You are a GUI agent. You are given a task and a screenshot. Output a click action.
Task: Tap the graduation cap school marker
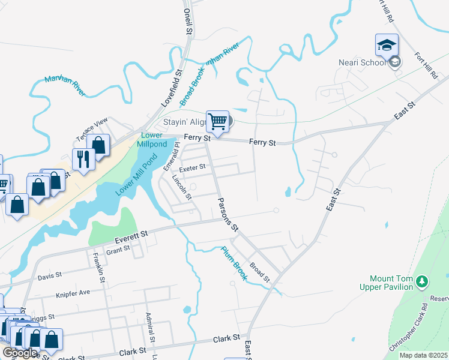pos(387,46)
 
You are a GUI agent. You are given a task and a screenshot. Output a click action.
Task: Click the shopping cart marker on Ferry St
pos(217,122)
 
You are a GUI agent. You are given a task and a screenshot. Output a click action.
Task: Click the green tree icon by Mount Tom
pos(423,281)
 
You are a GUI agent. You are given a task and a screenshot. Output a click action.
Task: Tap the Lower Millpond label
pos(154,140)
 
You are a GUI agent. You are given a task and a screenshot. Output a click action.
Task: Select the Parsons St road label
pos(228,215)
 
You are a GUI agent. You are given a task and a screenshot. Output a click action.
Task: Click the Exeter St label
pos(193,167)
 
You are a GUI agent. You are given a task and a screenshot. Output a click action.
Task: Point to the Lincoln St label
pos(181,187)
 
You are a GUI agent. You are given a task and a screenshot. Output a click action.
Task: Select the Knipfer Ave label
pos(72,293)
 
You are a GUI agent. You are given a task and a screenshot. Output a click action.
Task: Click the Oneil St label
pos(188,20)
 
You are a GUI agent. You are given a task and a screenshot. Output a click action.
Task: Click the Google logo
pos(20,353)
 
